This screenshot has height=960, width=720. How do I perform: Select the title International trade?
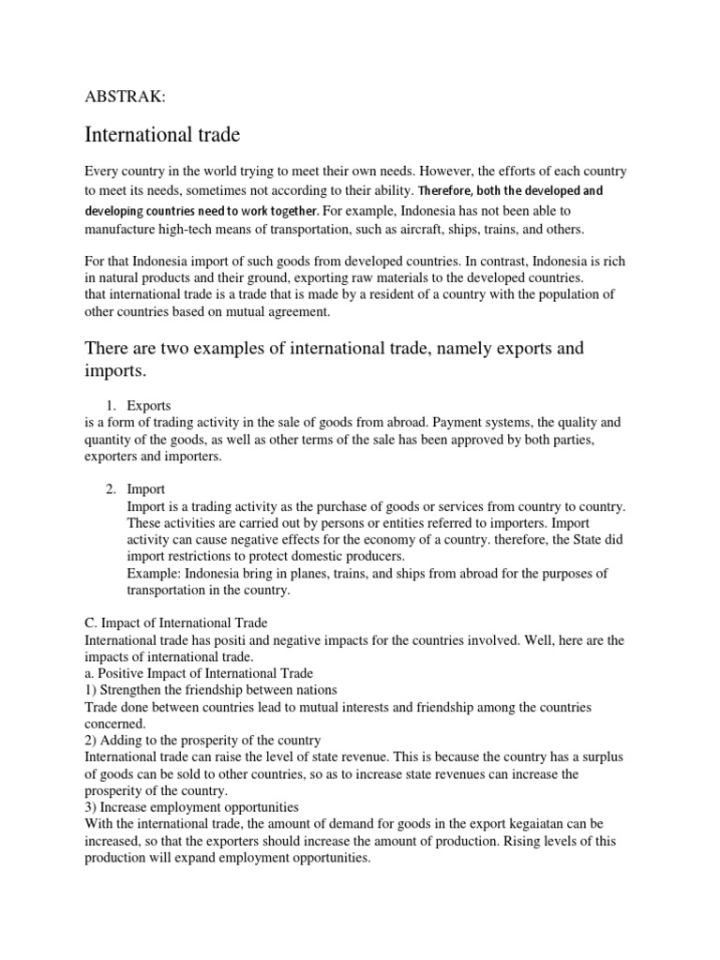[x=162, y=135]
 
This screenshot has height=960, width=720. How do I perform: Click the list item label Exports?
[x=149, y=406]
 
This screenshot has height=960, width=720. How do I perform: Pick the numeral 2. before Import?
[x=111, y=488]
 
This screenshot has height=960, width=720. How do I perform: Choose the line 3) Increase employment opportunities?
[x=192, y=807]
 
